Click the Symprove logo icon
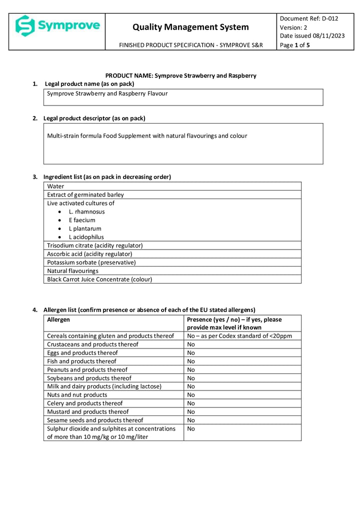24,25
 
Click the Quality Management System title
190,27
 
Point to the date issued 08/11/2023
312,35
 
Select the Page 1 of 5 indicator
295,45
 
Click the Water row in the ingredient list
55,186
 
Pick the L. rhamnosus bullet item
86,211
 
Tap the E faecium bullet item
82,220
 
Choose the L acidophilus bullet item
86,237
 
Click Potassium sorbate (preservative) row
91,262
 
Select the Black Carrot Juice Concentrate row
99,279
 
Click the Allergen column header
58,319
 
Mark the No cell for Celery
191,403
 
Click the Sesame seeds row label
95,420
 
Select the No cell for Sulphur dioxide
191,429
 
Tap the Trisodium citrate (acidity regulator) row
95,245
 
